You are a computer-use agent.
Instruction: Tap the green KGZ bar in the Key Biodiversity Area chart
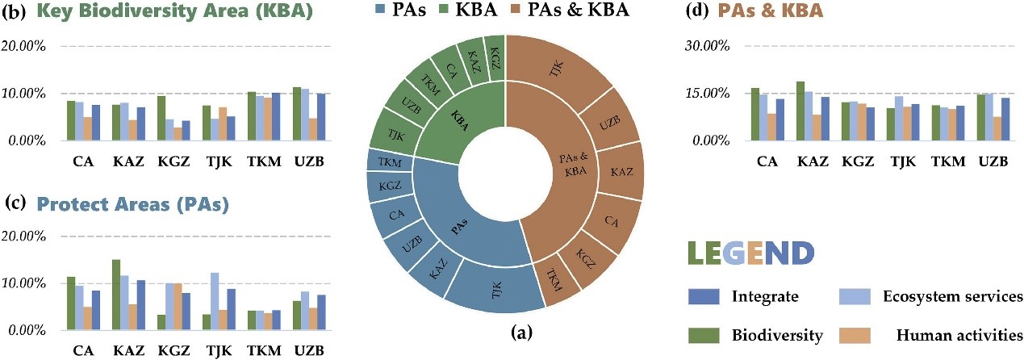(x=161, y=118)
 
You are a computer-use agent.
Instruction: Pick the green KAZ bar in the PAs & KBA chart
(x=800, y=111)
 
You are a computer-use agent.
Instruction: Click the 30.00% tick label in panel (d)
(x=709, y=45)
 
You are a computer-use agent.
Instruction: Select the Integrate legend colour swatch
(x=704, y=296)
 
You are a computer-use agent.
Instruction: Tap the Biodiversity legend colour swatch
(x=704, y=333)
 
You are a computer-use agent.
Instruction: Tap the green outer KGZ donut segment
(x=495, y=48)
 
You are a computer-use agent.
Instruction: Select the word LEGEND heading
(x=750, y=253)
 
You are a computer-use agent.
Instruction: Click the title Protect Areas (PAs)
(x=132, y=205)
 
